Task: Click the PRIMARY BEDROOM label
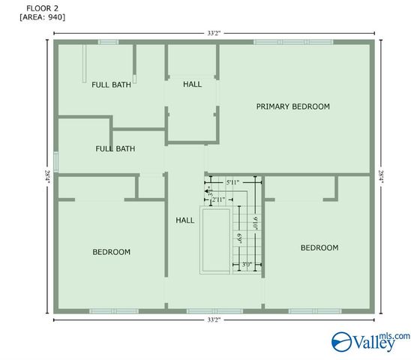[292, 106]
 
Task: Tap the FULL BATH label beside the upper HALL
[111, 85]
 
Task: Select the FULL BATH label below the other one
[115, 148]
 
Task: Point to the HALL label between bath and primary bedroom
[192, 84]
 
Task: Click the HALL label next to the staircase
[184, 220]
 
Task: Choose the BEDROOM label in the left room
[111, 252]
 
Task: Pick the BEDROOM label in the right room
[319, 247]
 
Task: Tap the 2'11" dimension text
[219, 200]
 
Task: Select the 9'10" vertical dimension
[255, 223]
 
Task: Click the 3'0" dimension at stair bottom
[247, 264]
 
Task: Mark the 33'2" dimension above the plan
[214, 33]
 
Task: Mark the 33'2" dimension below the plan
[214, 320]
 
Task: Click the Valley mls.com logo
[371, 341]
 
